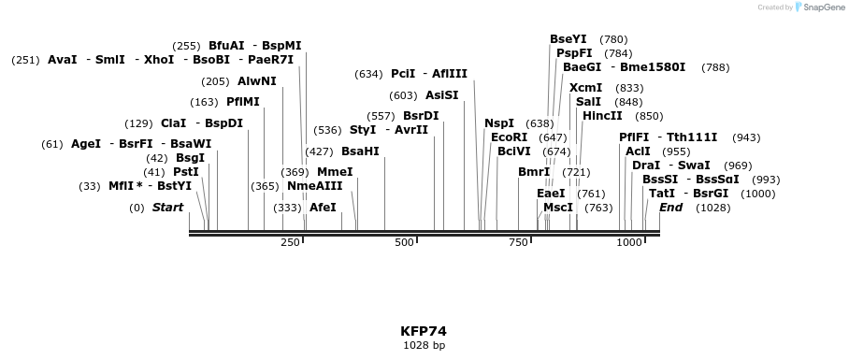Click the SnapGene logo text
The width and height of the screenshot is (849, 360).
coord(823,7)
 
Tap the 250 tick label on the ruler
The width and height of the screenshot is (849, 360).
coord(290,243)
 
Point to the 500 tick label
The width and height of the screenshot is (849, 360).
coord(404,243)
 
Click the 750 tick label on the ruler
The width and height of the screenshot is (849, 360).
coord(518,243)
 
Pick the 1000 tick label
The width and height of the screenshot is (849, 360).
coord(629,243)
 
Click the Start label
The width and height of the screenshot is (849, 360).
coord(167,207)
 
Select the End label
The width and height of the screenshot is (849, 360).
coord(670,207)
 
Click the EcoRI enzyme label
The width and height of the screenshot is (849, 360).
coord(509,137)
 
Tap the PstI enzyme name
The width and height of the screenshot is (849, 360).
coord(185,172)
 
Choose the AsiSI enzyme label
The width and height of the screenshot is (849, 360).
coord(442,95)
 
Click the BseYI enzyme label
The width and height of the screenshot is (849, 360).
coord(568,39)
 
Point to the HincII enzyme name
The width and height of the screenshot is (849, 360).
coord(602,116)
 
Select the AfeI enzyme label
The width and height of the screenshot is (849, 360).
coord(323,207)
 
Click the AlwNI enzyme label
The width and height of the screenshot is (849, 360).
coord(257,81)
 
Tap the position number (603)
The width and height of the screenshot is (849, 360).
coord(403,95)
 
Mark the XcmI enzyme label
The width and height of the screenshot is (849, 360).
coord(585,88)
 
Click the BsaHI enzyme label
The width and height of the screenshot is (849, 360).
coord(360,151)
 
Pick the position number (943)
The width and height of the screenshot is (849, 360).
coord(746,137)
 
